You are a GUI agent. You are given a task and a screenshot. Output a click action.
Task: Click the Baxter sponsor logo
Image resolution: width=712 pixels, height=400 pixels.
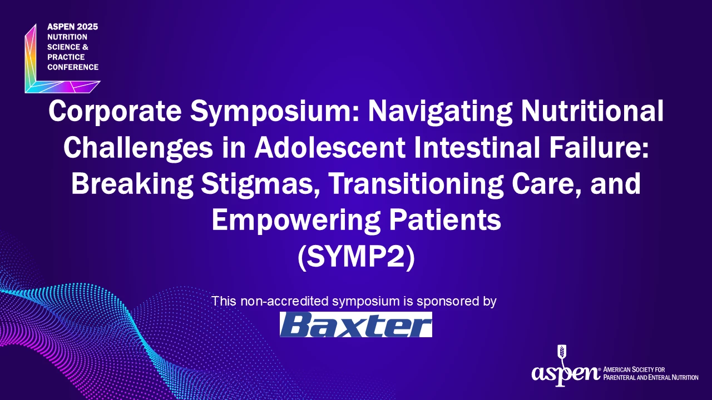355,324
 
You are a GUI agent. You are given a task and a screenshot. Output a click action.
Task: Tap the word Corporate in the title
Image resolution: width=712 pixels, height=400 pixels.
115,112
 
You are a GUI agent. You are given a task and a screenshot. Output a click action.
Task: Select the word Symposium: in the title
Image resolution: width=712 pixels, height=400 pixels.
275,112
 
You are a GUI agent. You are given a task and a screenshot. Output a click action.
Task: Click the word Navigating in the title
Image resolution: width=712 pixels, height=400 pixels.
440,112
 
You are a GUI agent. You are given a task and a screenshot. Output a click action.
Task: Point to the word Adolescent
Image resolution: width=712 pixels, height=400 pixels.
330,148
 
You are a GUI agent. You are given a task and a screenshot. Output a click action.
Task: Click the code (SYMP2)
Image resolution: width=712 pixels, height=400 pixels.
357,257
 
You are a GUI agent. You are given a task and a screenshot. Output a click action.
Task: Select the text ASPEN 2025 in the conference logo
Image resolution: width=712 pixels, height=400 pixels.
73,27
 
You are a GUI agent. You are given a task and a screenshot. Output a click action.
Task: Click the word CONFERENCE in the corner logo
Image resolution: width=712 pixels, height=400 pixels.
73,67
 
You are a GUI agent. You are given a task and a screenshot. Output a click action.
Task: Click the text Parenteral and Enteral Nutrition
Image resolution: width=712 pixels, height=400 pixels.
651,378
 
